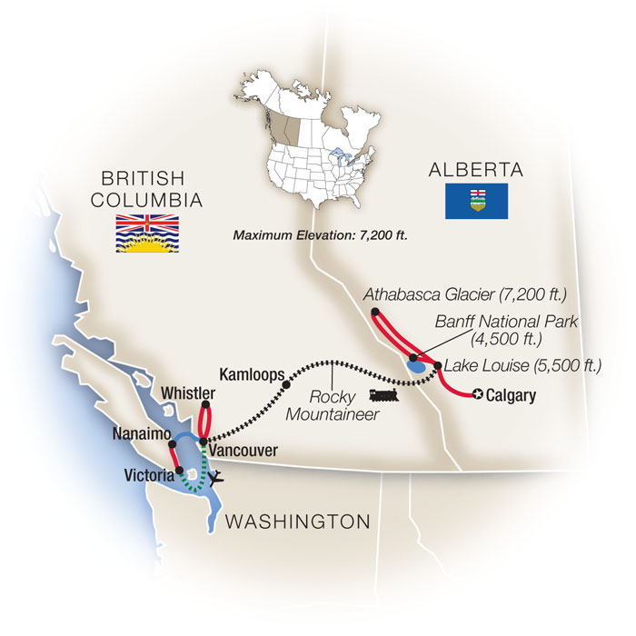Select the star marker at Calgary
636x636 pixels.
477,395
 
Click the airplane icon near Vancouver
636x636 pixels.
214,476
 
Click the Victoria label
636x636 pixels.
150,473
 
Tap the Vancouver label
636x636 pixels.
242,450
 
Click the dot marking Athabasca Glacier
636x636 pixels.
374,313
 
